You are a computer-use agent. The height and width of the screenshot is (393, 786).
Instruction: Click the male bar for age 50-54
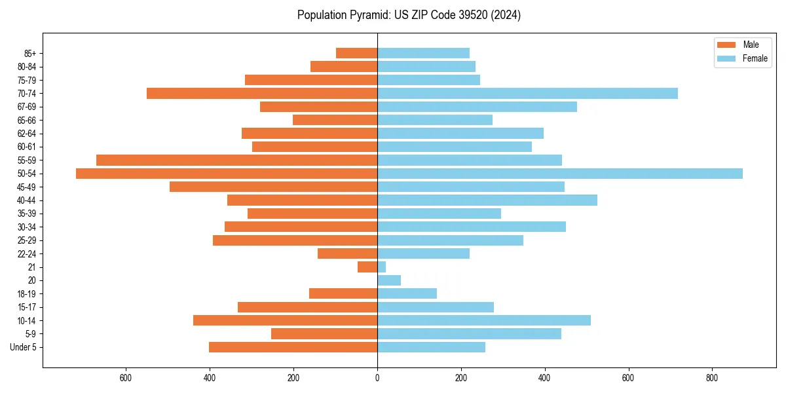click(x=227, y=174)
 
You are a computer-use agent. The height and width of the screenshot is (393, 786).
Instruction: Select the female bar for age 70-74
click(x=527, y=94)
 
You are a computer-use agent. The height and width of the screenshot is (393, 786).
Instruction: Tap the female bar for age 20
click(x=389, y=280)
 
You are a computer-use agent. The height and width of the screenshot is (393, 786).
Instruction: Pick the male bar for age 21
click(x=367, y=267)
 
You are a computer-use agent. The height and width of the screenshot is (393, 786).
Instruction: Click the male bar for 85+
click(x=356, y=53)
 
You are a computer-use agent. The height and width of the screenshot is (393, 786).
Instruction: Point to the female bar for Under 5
click(x=431, y=347)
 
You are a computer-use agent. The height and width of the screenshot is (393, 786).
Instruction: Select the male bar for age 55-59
click(x=236, y=160)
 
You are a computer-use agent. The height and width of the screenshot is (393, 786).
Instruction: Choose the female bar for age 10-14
click(x=484, y=320)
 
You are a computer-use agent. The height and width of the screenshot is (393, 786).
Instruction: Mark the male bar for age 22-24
click(x=347, y=253)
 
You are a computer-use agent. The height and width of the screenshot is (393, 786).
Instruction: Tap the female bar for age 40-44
click(x=487, y=200)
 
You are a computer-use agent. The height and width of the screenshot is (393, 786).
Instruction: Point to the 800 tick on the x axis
click(x=712, y=378)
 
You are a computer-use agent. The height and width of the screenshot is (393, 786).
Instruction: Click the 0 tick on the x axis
click(x=377, y=378)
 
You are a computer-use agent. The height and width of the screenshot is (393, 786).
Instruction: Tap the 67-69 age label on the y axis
click(x=27, y=107)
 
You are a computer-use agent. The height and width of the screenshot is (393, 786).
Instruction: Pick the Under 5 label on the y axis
click(x=24, y=347)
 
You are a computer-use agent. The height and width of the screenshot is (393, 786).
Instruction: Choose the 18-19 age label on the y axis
click(x=27, y=294)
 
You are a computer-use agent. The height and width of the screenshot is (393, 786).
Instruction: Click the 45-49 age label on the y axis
click(x=27, y=187)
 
